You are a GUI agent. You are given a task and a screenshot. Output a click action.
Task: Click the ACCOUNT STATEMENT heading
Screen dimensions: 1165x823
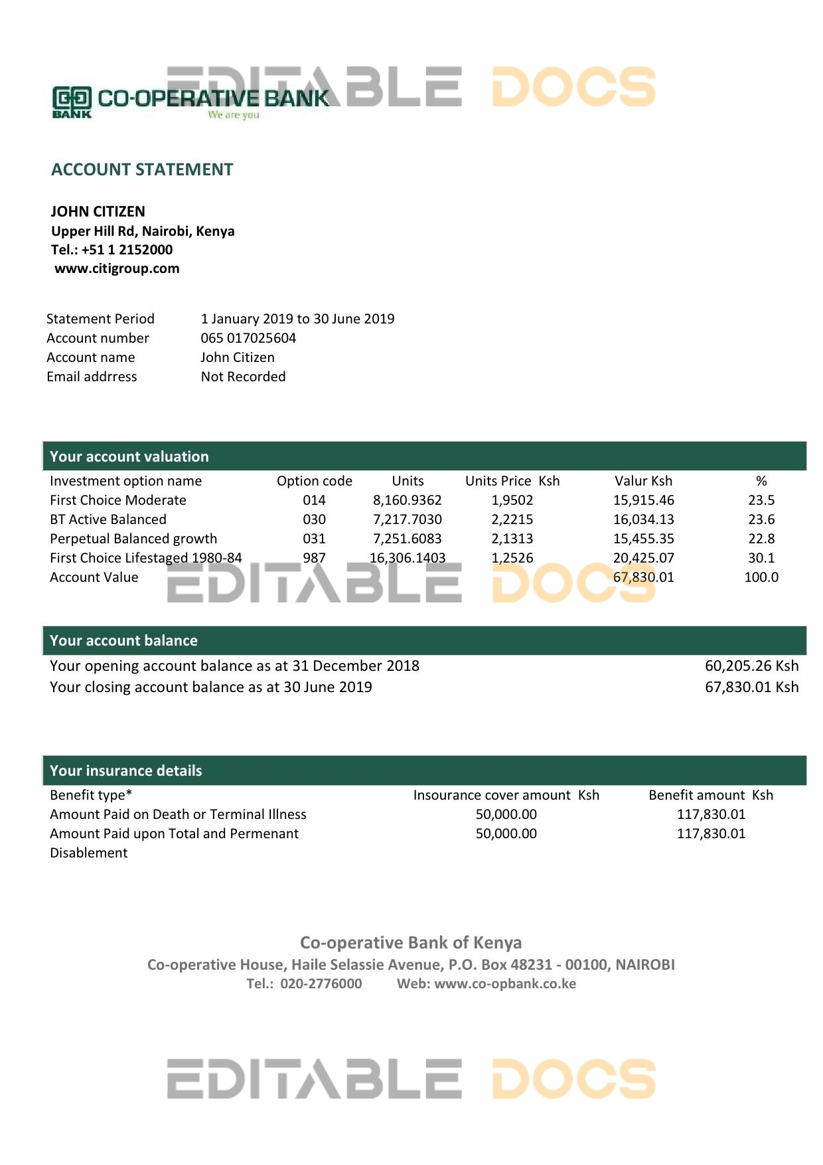(142, 170)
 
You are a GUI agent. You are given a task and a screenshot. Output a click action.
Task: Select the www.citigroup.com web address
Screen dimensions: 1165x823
(117, 268)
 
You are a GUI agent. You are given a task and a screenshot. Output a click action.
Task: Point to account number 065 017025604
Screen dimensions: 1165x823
(248, 338)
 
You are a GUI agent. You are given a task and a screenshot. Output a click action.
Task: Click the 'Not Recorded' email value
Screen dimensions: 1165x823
(243, 377)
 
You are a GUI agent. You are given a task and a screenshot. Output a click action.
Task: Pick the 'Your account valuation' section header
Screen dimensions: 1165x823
(129, 456)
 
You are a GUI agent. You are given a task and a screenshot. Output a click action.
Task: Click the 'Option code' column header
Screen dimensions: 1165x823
(314, 481)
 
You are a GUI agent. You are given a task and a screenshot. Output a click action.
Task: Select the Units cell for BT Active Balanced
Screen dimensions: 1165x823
(407, 519)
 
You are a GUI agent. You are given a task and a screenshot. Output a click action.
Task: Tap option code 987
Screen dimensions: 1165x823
(314, 558)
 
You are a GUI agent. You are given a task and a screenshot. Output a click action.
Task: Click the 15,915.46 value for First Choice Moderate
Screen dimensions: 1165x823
(643, 500)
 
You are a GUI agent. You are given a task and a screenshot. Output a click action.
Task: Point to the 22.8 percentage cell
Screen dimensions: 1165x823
(761, 539)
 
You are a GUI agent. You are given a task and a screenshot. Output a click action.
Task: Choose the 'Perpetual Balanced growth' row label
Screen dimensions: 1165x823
(133, 539)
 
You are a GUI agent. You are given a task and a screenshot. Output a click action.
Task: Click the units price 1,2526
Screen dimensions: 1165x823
(512, 558)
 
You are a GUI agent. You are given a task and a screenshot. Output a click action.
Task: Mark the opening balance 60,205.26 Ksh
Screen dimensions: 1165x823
(751, 666)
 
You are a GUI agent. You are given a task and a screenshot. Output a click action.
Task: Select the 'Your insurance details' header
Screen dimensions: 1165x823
(126, 770)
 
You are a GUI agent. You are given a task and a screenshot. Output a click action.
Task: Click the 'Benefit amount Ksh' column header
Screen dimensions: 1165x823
(710, 795)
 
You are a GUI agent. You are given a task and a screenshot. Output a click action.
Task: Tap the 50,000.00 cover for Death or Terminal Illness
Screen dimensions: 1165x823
(506, 814)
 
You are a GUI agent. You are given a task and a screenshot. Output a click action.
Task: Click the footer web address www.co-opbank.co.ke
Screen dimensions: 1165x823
(505, 984)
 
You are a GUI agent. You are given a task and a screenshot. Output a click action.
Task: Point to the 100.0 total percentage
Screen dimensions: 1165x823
(761, 577)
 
